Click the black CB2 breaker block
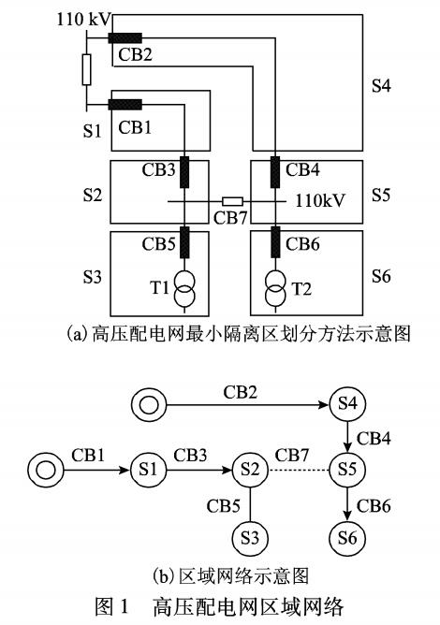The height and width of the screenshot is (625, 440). point(125,37)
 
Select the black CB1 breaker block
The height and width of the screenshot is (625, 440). point(125,105)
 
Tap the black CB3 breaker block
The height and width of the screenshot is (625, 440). point(184,172)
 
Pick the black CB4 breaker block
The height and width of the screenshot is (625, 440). point(275,172)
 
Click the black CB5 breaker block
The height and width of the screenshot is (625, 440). point(184,242)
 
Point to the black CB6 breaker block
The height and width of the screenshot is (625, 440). point(275,242)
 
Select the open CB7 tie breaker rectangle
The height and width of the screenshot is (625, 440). point(232,201)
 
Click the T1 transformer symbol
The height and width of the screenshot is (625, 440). point(184,288)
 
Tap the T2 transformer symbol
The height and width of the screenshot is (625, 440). point(275,288)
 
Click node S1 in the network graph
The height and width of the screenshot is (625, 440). point(149,470)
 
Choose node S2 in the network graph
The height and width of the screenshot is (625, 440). point(250,470)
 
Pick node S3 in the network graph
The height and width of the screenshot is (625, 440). point(250,538)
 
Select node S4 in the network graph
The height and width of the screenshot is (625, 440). point(347,404)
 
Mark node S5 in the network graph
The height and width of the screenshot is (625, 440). point(347,470)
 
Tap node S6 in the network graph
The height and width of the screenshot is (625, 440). point(347,538)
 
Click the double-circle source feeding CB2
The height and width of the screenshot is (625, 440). point(149,405)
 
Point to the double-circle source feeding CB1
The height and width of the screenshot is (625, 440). point(46,471)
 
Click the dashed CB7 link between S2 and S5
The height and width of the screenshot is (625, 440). point(299,471)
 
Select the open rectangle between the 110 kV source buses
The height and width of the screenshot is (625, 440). point(86,70)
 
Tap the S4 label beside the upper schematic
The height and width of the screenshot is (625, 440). point(381,86)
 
